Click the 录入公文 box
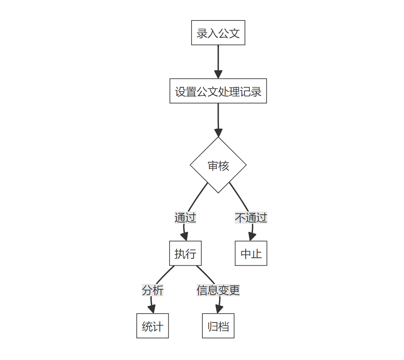[x=218, y=33]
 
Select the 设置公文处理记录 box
[x=218, y=91]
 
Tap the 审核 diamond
[x=218, y=165]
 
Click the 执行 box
[x=185, y=253]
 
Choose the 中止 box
[x=251, y=253]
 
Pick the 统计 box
[x=153, y=326]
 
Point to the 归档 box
[x=218, y=326]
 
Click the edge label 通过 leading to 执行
[x=185, y=217]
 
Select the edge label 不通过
[x=251, y=217]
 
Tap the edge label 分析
[x=153, y=290]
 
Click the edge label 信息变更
[x=218, y=290]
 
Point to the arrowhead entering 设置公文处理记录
[x=218, y=75]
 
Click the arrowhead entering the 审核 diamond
[x=218, y=133]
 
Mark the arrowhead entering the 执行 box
[x=185, y=237]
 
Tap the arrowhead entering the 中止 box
[x=252, y=237]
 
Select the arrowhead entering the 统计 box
[x=152, y=309]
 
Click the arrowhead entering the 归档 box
[x=219, y=309]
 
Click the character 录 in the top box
[x=202, y=33]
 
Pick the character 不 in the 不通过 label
[x=240, y=217]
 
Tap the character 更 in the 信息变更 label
[x=234, y=290]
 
